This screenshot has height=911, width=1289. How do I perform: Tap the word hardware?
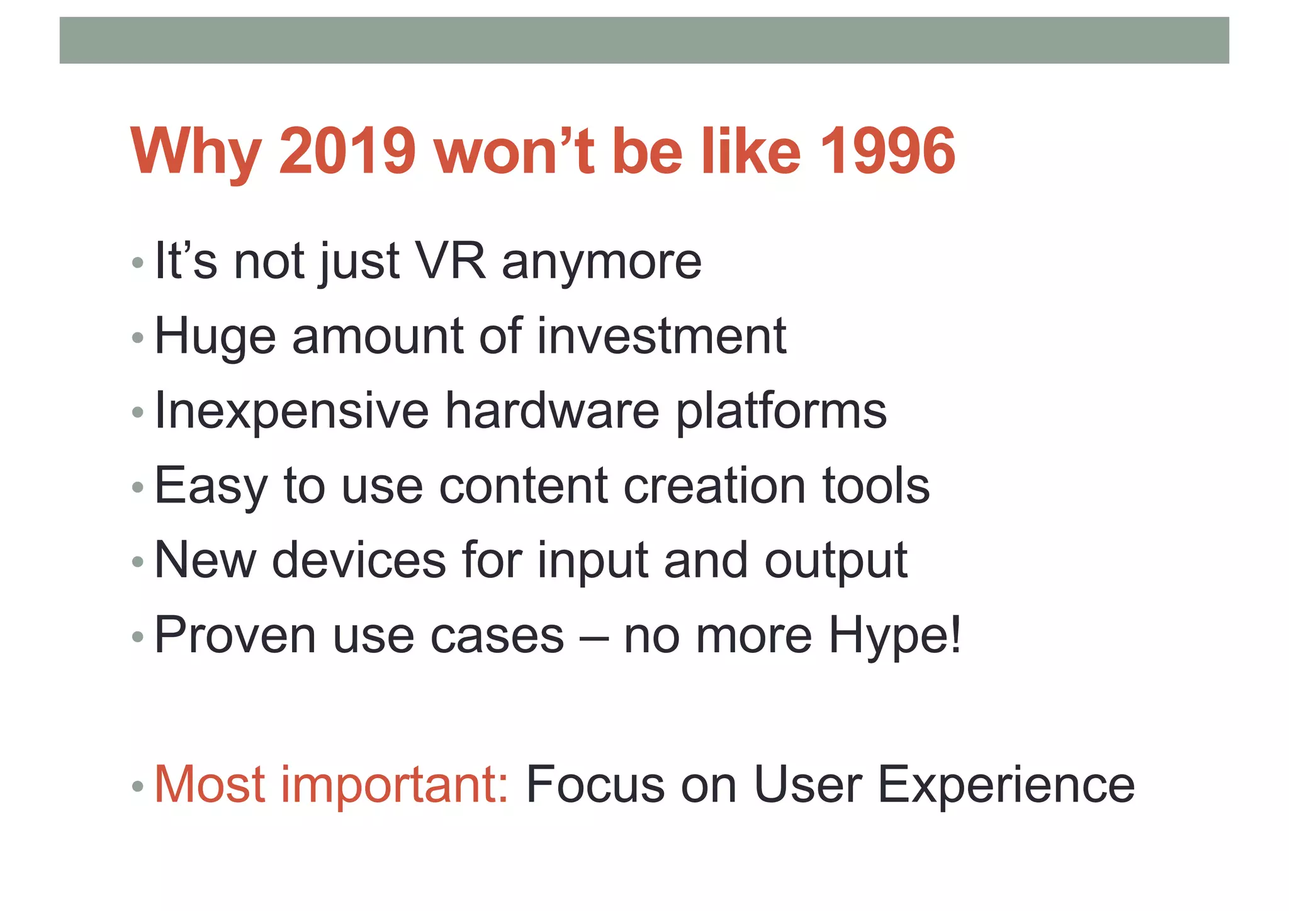coord(553,410)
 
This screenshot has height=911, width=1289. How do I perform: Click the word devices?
coord(359,560)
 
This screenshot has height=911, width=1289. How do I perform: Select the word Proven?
coord(235,635)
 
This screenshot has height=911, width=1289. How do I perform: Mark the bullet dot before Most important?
coord(138,787)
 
